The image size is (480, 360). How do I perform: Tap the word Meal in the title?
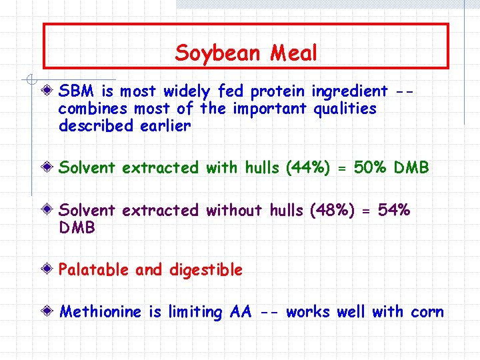coord(294,53)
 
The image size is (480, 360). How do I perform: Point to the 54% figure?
coord(394,211)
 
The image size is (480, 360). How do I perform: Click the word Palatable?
coord(94,270)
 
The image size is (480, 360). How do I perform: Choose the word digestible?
coord(206,270)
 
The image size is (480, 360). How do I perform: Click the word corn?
coord(427,312)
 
